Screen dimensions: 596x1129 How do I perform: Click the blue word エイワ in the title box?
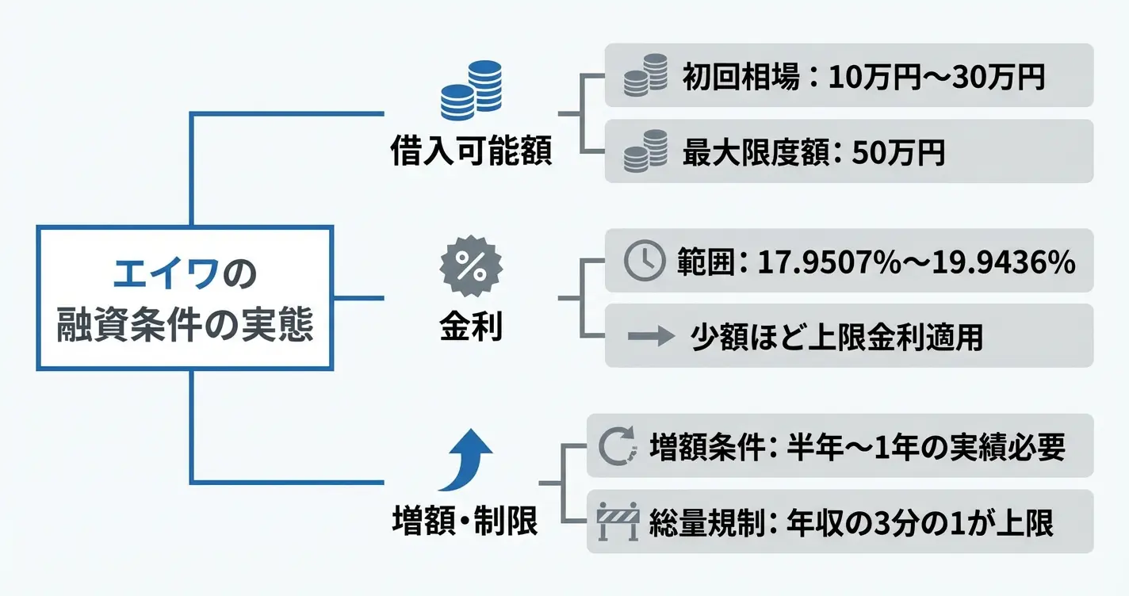(x=166, y=275)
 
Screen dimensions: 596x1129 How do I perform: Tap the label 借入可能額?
(x=471, y=151)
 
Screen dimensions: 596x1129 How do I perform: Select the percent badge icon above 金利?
(x=471, y=267)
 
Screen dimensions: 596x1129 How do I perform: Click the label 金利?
(x=471, y=327)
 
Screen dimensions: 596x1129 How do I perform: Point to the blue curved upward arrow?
(x=468, y=460)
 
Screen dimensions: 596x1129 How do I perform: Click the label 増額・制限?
(x=465, y=521)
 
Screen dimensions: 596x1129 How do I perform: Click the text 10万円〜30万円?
(x=936, y=77)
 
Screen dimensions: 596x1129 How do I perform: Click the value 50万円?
(x=898, y=152)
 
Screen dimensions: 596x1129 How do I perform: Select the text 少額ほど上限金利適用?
(x=836, y=337)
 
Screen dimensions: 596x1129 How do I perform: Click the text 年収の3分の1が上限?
(x=920, y=523)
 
